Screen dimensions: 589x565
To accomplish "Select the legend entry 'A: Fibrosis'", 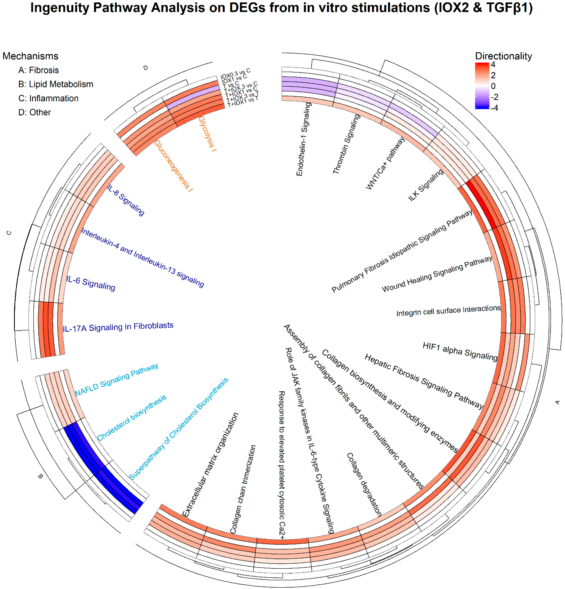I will (38, 70).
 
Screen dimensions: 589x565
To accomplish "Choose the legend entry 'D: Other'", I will (35, 112).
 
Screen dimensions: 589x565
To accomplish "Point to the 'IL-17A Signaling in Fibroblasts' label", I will (118, 327).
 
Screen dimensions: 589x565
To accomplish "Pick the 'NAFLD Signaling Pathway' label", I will (117, 380).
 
